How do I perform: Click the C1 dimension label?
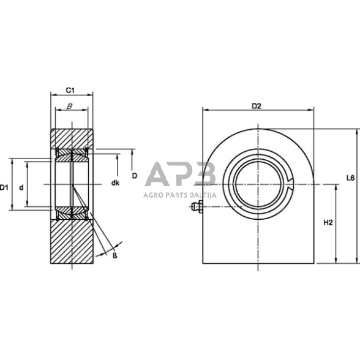pos(70,91)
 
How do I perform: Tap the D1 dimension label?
pos(5,187)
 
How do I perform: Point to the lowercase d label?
pos(21,187)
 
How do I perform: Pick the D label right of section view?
pos(134,175)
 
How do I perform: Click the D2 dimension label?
pos(257,106)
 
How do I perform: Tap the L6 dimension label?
pos(350,178)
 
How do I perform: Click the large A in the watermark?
pos(161,176)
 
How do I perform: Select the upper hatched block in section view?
pos(72,138)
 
